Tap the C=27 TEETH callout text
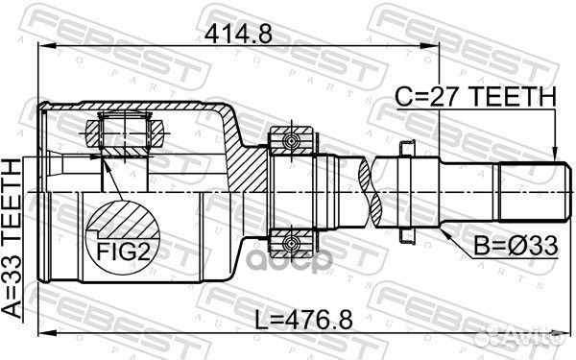click(477, 96)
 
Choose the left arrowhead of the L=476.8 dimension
click(39, 333)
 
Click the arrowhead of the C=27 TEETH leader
click(554, 154)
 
